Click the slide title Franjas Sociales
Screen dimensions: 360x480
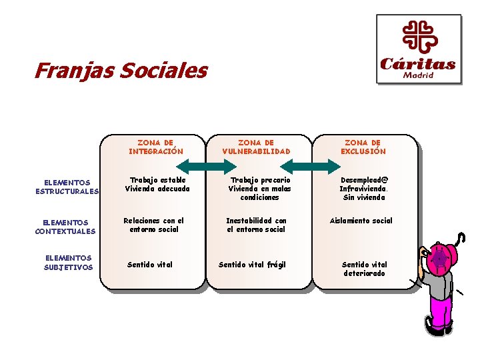[121, 70]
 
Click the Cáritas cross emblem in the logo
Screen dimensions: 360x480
[419, 37]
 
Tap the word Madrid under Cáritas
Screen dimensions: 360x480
[418, 75]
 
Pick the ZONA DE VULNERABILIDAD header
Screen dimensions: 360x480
[256, 147]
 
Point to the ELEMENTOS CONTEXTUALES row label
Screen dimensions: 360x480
[65, 227]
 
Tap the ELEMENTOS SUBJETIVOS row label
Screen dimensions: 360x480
[68, 263]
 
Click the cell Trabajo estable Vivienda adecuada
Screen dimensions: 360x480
[157, 184]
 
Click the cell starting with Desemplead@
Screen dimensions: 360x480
[363, 189]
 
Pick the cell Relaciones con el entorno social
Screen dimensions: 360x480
[153, 225]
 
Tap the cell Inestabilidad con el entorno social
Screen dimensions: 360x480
[256, 225]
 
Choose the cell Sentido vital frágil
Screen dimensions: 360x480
[252, 265]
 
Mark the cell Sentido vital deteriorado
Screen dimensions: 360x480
[364, 269]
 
